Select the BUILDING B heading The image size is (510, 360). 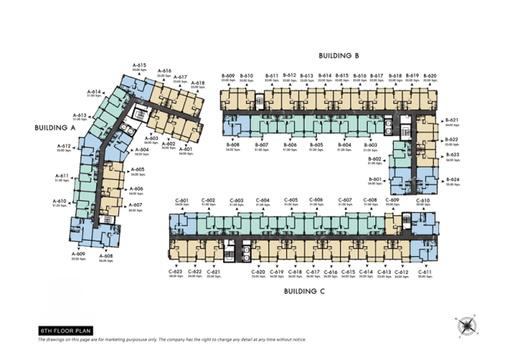(x=339, y=55)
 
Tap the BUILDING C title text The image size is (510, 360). (x=305, y=292)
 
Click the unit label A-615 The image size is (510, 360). (x=139, y=65)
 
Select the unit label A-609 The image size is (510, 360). (x=78, y=254)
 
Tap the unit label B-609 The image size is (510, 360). (x=228, y=75)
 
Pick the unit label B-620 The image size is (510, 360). (x=430, y=75)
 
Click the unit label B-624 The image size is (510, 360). (x=452, y=180)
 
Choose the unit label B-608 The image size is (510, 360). (x=233, y=145)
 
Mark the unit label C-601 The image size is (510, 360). (x=182, y=200)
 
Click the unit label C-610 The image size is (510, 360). (x=424, y=200)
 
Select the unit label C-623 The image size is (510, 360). (x=176, y=272)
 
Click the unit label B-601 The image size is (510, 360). (x=375, y=178)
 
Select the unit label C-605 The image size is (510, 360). (x=291, y=200)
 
